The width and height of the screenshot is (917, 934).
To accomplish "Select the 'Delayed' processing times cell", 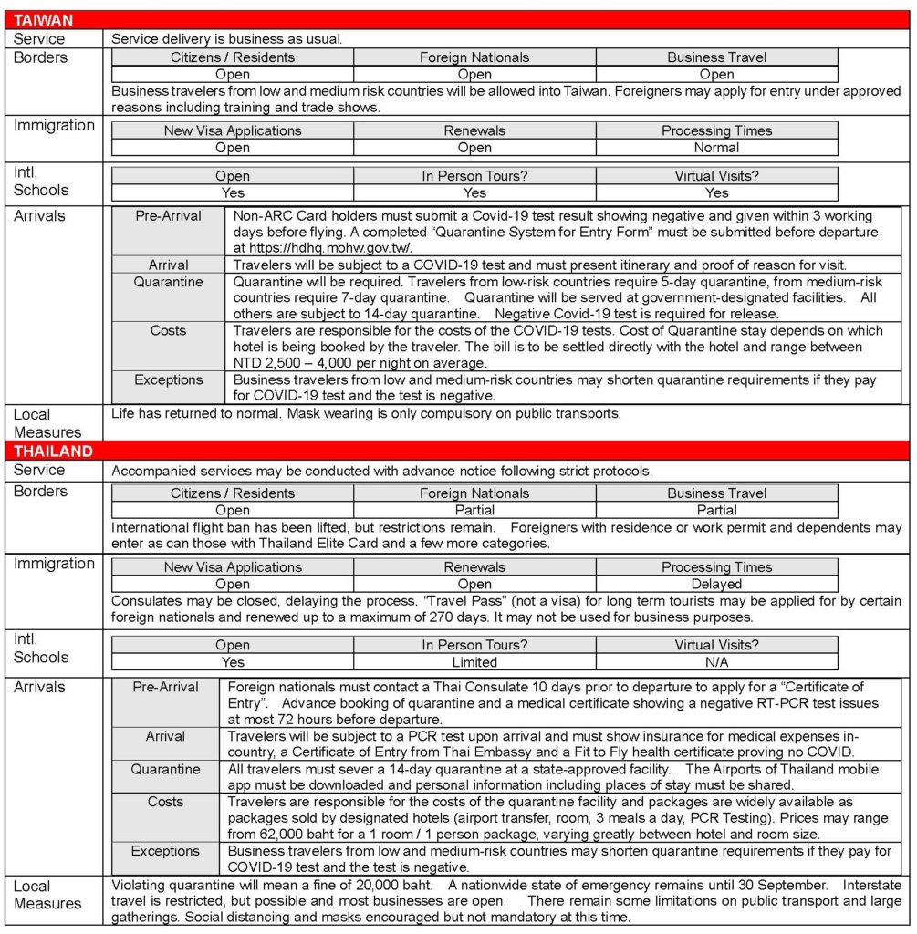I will pos(716,584).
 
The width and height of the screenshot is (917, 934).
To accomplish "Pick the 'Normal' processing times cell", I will pos(716,147).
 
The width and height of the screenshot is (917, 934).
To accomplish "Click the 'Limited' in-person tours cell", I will pos(474,662).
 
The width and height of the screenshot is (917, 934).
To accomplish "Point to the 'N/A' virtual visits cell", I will pos(716,662).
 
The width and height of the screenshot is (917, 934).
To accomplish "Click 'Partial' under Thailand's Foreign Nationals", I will pos(474,510).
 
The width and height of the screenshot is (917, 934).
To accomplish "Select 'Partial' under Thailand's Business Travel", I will pos(716,510).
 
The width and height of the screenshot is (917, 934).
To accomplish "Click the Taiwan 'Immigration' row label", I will pos(54,125).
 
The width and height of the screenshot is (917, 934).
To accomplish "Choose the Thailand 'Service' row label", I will pos(39,470).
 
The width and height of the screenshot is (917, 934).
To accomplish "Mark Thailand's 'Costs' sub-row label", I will pos(165,802).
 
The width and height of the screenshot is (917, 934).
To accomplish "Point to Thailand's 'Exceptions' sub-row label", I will pos(165,851).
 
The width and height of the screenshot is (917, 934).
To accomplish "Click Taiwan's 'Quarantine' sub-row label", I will pos(168,282).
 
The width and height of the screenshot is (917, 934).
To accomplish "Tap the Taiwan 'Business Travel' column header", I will pos(716,57).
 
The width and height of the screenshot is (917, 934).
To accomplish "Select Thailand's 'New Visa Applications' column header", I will pos(233,567).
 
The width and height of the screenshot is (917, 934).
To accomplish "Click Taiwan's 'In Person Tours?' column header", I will pos(474,176).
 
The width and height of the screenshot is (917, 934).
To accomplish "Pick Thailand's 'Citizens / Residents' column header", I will pos(233,493).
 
